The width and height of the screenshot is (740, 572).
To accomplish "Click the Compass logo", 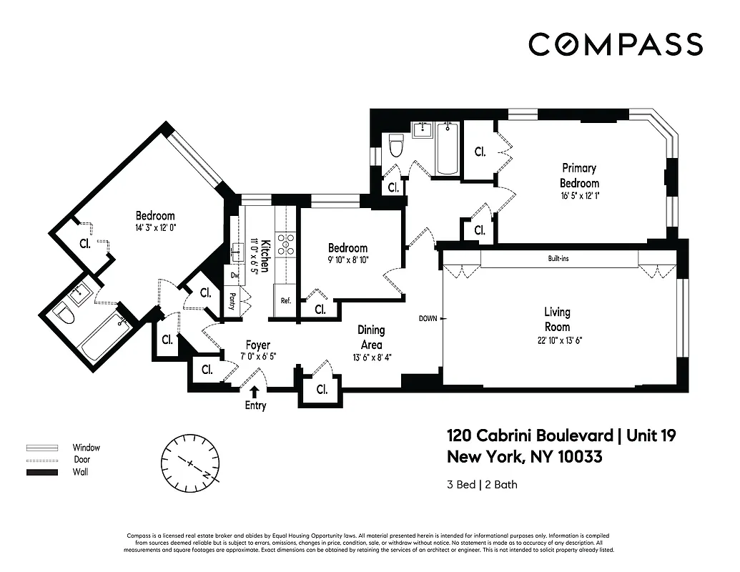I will click(616, 44).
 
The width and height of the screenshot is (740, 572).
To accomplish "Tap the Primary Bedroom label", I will click(578, 175).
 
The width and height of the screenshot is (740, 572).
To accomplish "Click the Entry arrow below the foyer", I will click(255, 390).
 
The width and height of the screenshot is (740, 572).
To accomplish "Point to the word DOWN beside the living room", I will click(428, 318).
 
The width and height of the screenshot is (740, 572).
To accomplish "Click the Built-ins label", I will click(558, 258).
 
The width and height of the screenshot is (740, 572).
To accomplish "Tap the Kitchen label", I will click(264, 254).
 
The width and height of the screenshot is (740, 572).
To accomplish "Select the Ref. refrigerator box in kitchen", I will click(285, 301).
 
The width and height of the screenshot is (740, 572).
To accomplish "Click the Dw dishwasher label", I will click(234, 275).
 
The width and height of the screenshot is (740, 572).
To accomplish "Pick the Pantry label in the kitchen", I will click(234, 299).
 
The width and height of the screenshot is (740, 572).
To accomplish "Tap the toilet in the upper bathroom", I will click(394, 148).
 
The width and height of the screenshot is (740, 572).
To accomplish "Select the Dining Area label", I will click(371, 337).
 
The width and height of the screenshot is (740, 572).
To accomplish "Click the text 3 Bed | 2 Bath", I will click(482, 485).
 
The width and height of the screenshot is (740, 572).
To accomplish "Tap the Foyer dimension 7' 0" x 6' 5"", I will click(257, 356).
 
